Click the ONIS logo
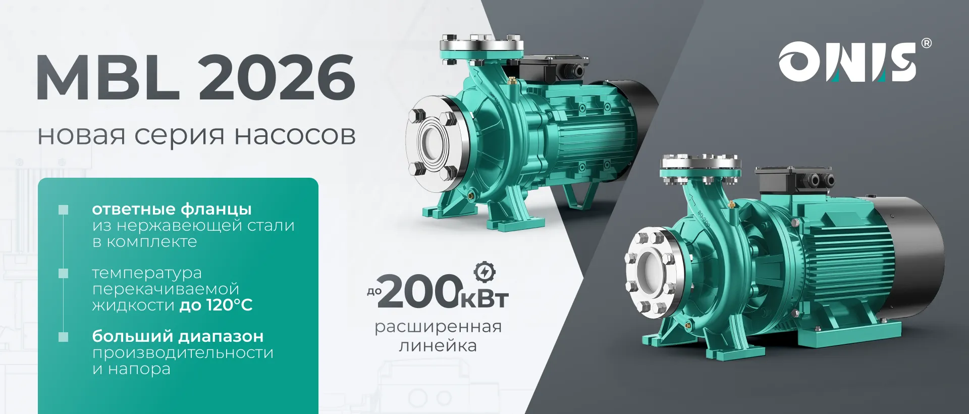[x=847, y=62]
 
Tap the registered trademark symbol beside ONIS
[x=927, y=43]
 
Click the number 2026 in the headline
[x=277, y=77]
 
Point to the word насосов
[x=295, y=136]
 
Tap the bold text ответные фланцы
[x=172, y=209]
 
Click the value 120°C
[x=230, y=305]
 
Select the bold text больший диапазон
[x=178, y=336]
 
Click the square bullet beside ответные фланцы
[x=64, y=210]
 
